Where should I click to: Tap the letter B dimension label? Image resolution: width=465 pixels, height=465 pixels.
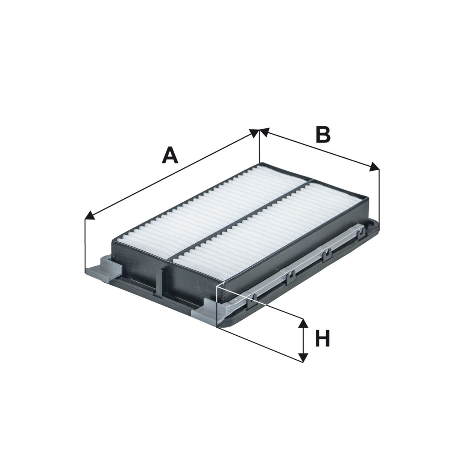point(323,134)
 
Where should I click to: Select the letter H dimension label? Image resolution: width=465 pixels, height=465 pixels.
point(322,338)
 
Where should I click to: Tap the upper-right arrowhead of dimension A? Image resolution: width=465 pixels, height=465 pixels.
point(254,133)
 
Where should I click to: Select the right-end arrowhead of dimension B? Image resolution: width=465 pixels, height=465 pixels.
point(374,167)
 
